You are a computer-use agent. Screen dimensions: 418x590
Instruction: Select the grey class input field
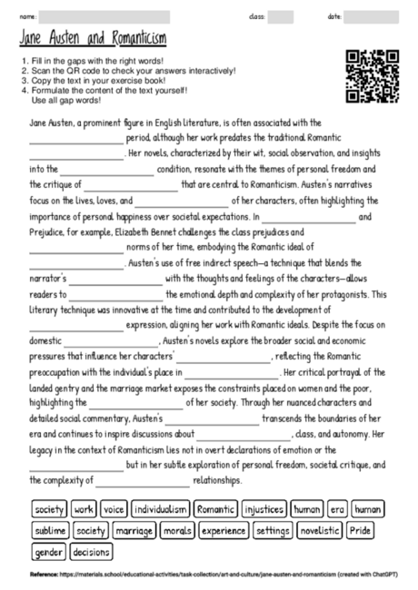[280, 16]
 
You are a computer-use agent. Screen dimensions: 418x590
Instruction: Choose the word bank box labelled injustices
[264, 510]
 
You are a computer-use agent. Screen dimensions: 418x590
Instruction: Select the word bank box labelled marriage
[134, 530]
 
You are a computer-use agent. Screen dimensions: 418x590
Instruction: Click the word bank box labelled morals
[178, 530]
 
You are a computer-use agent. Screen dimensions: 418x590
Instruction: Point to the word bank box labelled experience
[223, 530]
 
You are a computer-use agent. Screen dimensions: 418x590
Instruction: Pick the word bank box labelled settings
[272, 530]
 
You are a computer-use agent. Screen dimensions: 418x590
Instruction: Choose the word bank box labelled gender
[48, 551]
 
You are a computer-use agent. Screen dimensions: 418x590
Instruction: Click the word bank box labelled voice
[114, 510]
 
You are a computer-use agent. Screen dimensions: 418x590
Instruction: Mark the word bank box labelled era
[338, 510]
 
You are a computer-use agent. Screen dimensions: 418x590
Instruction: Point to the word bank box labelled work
[85, 510]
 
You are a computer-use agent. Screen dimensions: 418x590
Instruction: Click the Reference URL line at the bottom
[208, 575]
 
